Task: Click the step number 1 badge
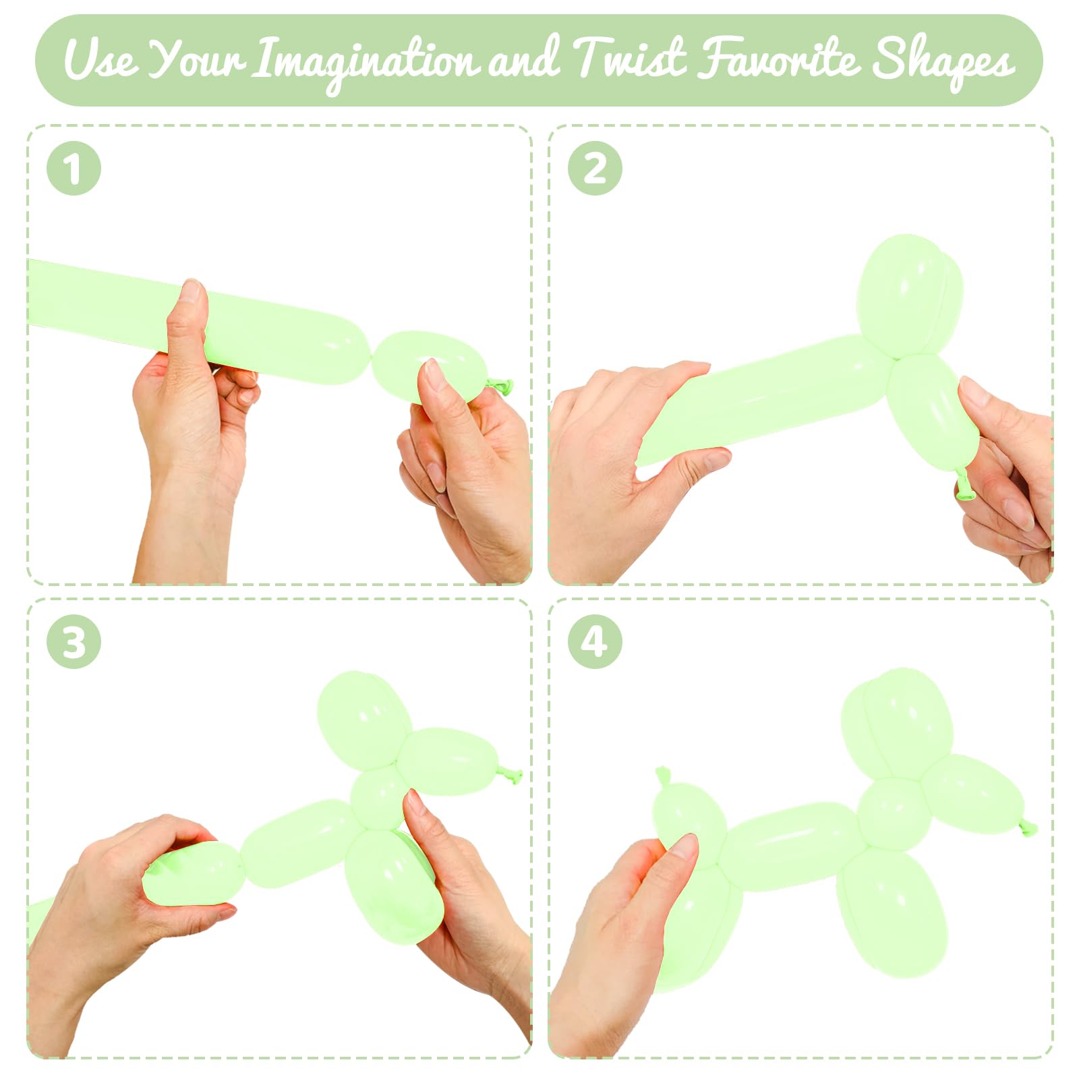74,169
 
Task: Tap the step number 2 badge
594,169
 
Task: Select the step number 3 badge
74,641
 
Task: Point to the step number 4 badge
594,641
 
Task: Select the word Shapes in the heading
943,62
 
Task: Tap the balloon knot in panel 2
964,485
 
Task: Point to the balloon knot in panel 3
511,775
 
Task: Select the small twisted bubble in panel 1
428,366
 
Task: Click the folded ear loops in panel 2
909,295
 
